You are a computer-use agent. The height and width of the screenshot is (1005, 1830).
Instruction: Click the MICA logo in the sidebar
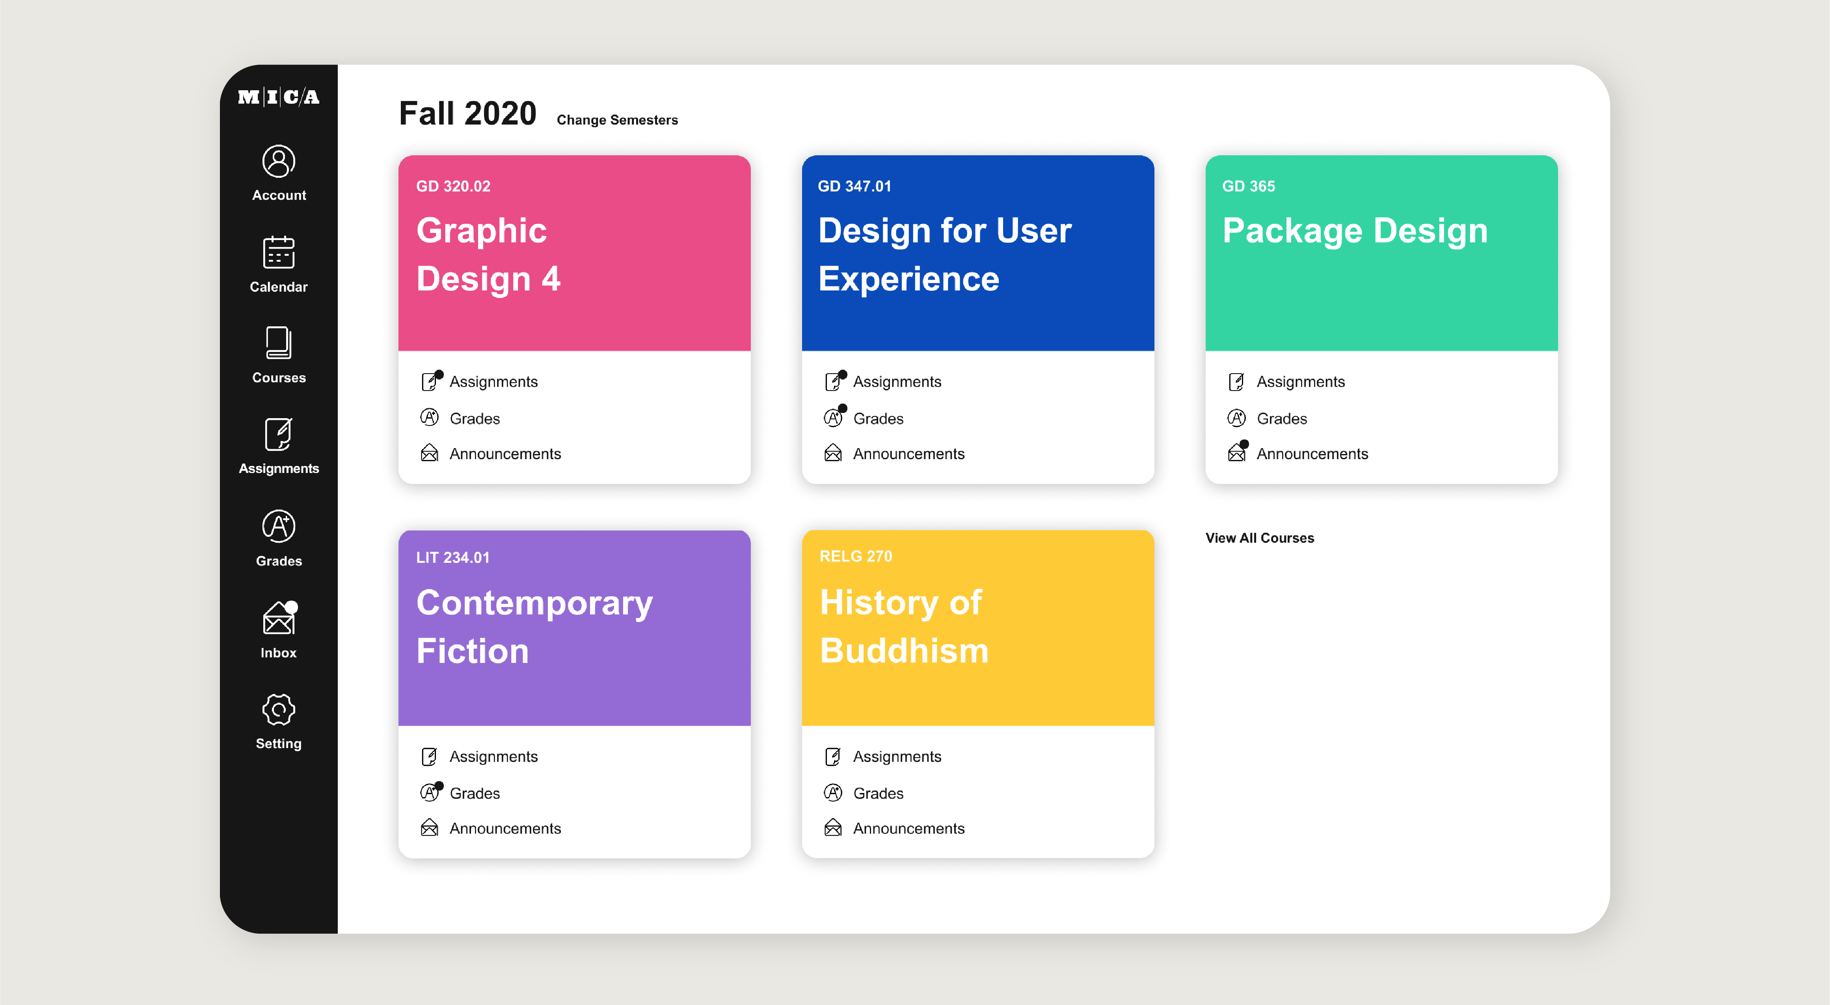coord(279,97)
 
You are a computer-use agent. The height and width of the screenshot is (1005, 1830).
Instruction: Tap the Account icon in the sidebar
coord(279,161)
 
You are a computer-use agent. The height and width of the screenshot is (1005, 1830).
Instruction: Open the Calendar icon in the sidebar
coord(279,252)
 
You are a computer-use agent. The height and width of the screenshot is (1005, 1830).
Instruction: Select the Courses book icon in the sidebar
coord(279,343)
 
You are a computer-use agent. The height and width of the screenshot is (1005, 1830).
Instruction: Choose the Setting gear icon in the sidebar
coord(279,709)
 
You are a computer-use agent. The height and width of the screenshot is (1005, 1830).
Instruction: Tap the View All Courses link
coord(1260,538)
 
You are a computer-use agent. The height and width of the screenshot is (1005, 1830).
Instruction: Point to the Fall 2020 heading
coord(467,114)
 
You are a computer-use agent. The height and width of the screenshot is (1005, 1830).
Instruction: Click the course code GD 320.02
coord(453,186)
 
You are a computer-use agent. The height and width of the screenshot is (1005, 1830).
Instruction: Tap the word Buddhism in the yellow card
coord(904,651)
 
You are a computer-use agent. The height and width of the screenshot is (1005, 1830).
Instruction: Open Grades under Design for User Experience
coord(878,418)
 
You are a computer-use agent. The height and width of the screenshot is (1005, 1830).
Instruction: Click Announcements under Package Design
coord(1312,454)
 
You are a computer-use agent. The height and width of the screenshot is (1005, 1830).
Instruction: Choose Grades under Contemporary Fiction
coord(475,793)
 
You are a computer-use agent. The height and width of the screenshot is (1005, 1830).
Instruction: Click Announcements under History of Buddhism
coord(908,828)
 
